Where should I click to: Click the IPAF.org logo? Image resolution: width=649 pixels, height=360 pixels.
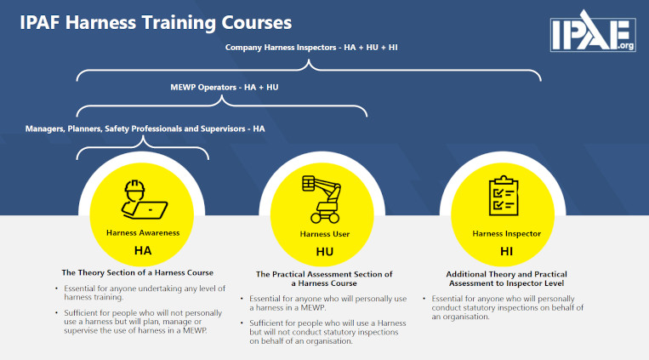(x=593, y=31)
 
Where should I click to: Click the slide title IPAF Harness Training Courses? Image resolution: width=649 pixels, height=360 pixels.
(x=156, y=22)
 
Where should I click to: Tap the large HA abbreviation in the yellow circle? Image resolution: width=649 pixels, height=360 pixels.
(x=143, y=250)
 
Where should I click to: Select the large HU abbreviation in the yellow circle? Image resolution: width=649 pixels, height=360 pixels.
(x=325, y=251)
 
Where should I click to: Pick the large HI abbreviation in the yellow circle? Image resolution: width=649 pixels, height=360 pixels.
(x=506, y=251)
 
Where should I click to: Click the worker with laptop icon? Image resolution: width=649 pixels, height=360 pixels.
(x=144, y=200)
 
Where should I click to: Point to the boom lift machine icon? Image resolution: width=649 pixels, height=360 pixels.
(x=322, y=200)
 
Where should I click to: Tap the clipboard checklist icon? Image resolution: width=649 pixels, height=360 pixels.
(x=504, y=196)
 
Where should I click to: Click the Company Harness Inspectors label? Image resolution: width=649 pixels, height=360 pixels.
(x=311, y=47)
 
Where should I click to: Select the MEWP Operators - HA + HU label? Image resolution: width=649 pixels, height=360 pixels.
(x=225, y=88)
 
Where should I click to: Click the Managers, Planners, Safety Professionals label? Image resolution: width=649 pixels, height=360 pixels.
(x=145, y=129)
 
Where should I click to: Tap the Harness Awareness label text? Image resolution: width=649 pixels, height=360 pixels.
(x=143, y=233)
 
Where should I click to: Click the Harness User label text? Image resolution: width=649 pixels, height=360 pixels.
(x=325, y=234)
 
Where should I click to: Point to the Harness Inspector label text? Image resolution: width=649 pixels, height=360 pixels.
(x=507, y=234)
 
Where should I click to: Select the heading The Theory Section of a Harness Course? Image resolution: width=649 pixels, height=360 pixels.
(x=138, y=272)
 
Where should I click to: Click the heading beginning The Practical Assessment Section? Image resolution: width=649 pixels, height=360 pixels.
(x=324, y=279)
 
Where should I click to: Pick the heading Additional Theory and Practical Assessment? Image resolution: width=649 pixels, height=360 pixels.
(x=506, y=279)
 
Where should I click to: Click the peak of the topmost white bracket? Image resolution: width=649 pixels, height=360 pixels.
(x=309, y=60)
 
